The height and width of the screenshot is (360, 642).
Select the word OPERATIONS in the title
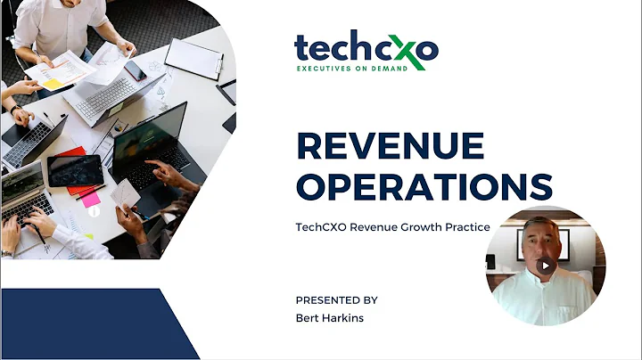click(423, 186)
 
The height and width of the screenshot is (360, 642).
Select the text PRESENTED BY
click(338, 299)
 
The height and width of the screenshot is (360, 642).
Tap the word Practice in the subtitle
click(468, 227)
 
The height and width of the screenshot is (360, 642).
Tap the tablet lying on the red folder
click(74, 169)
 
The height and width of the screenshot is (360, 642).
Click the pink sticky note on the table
click(92, 200)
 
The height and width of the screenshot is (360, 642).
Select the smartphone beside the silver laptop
click(134, 70)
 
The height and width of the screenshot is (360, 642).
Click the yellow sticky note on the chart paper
click(53, 83)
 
